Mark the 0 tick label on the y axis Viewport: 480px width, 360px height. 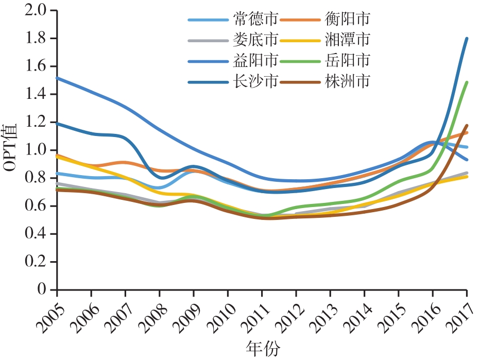(45, 290)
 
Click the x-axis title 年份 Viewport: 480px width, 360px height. (263, 349)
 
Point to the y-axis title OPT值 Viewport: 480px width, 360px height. (11, 149)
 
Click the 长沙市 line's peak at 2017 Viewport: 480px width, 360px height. (467, 38)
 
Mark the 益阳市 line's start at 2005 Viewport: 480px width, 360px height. (57, 78)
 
